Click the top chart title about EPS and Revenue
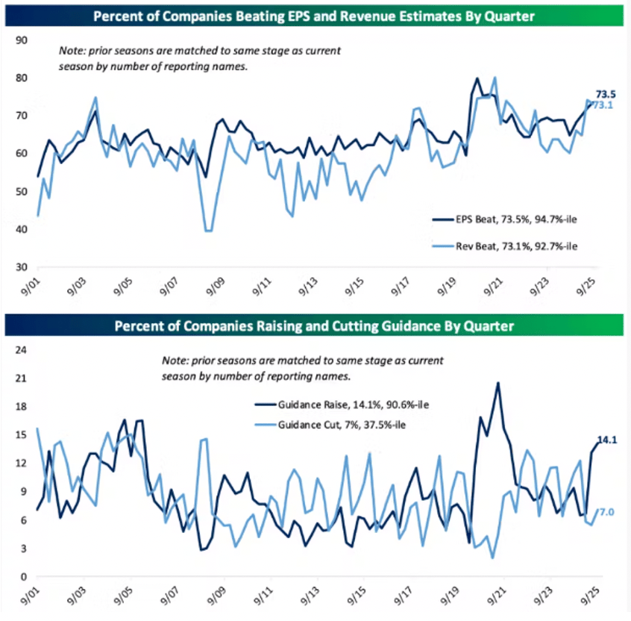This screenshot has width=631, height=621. [316, 14]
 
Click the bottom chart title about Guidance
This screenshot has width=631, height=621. [316, 325]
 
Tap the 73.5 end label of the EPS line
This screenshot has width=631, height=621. [606, 95]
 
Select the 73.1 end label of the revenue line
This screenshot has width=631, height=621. [603, 105]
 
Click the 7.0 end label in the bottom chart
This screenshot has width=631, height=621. [607, 511]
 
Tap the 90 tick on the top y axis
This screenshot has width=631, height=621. [22, 40]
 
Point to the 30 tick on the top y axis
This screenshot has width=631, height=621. [22, 266]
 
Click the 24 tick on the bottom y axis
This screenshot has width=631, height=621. [22, 349]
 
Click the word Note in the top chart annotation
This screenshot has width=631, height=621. [72, 51]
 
